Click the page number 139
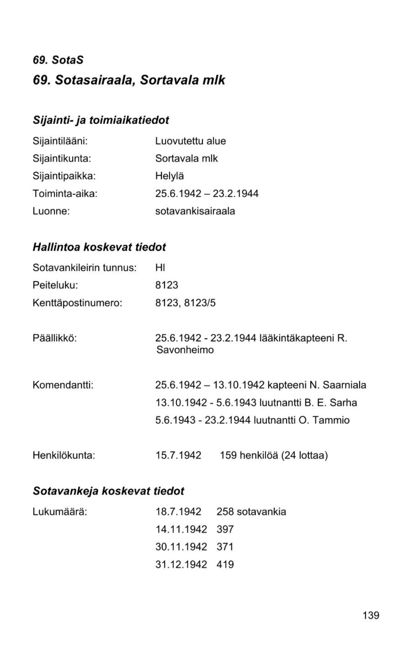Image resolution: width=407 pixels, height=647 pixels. click(x=370, y=615)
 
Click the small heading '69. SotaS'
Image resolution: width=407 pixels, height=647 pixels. click(x=58, y=60)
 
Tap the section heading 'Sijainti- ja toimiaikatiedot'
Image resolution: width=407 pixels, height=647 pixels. click(x=100, y=120)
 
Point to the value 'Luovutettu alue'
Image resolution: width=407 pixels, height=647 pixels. click(x=190, y=141)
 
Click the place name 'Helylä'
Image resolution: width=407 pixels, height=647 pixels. click(x=169, y=176)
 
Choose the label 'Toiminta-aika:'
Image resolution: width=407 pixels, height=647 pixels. click(x=65, y=193)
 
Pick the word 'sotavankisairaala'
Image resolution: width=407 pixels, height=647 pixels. click(x=195, y=211)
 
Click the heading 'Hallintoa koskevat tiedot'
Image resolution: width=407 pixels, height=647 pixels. click(x=99, y=247)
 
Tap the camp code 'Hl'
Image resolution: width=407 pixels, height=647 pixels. click(x=160, y=267)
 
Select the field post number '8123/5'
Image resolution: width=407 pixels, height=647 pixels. click(x=200, y=303)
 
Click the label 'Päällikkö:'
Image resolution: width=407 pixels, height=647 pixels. click(x=54, y=338)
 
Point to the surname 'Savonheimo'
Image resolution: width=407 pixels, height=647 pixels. click(x=185, y=351)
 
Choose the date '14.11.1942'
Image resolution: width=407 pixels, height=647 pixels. click(x=181, y=529)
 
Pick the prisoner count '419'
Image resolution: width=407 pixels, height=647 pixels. click(x=225, y=565)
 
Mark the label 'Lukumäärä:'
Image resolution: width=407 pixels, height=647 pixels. click(x=60, y=512)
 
